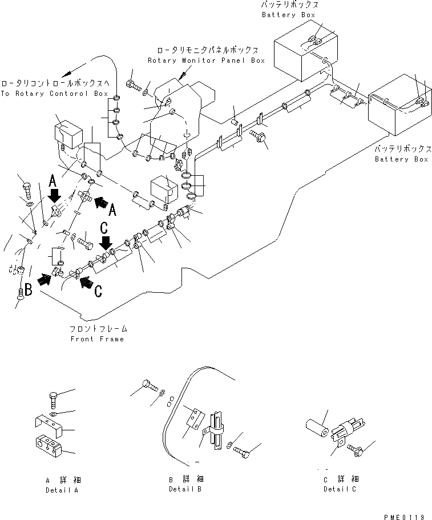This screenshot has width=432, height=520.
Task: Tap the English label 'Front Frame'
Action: point(97,338)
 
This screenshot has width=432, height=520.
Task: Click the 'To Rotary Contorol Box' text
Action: point(54,93)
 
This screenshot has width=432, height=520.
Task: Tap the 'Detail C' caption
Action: point(341,489)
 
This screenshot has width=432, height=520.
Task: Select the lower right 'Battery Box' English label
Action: point(401,159)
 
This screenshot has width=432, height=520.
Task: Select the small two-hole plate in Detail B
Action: point(195,418)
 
